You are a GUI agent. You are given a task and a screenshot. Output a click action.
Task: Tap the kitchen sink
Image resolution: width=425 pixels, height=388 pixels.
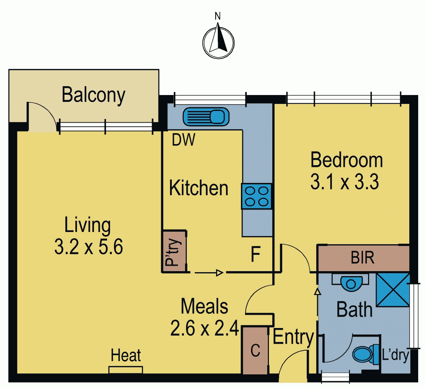(206, 117)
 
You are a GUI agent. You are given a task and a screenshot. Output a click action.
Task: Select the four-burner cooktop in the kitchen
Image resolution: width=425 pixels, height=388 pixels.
(257, 196)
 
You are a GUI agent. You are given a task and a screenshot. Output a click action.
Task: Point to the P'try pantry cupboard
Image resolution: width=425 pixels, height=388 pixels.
(174, 251)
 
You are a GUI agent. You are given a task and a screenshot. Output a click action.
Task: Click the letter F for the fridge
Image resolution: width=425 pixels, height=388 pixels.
(256, 254)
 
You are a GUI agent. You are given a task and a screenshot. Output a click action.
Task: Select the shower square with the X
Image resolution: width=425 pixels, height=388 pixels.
(393, 290)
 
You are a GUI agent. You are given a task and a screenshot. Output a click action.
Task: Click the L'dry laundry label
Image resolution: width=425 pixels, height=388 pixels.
(395, 355)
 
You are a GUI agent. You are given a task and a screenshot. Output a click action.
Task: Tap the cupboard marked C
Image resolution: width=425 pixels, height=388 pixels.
(255, 350)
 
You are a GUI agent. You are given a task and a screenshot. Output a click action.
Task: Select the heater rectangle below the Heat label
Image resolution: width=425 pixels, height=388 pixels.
(126, 370)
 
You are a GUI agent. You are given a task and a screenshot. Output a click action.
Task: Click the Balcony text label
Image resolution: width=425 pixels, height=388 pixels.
(93, 95)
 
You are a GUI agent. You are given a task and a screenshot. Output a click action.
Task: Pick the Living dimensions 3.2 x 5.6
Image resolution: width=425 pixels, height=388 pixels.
(89, 247)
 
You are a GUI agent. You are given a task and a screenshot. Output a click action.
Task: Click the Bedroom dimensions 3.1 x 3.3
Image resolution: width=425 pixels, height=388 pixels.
(345, 182)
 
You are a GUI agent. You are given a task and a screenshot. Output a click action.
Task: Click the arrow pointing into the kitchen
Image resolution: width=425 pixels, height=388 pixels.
(209, 273)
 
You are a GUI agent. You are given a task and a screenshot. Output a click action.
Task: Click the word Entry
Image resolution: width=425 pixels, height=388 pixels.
(293, 337)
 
